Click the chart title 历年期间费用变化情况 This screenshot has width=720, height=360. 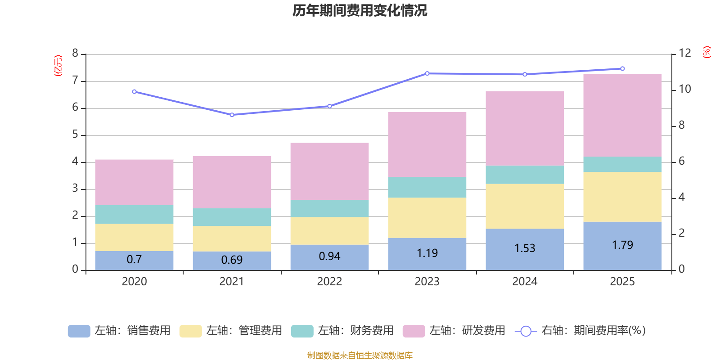360,10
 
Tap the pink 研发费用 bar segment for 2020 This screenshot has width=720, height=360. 134,182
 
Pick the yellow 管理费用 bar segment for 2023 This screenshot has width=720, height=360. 427,218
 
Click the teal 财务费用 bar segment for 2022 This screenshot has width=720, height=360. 329,208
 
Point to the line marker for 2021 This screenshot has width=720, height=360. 232,115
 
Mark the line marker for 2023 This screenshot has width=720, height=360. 427,73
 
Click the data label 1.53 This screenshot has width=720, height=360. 525,248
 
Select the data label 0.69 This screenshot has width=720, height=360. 232,260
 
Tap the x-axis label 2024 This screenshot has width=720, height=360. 525,282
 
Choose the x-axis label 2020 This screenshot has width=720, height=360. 134,282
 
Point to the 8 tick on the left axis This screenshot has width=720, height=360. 75,54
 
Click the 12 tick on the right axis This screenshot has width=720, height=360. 685,53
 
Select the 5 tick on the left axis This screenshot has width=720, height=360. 75,135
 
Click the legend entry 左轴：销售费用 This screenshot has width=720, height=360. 119,331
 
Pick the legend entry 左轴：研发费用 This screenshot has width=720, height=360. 454,331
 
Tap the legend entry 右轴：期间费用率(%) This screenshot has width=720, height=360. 580,331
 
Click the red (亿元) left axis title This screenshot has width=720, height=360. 58,66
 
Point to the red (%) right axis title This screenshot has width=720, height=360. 707,52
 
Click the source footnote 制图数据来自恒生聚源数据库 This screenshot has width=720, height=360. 360,355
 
